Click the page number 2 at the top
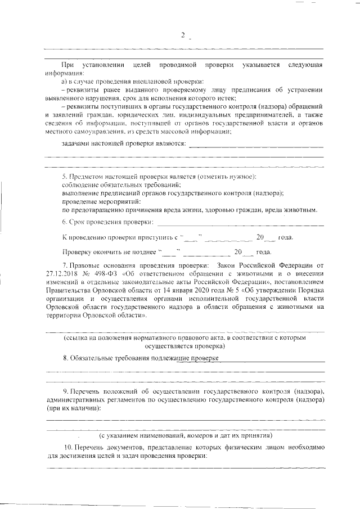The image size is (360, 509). click(x=183, y=35)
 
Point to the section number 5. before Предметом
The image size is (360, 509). click(x=65, y=177)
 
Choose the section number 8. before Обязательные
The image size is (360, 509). click(x=65, y=358)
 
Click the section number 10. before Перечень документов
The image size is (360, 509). click(x=66, y=447)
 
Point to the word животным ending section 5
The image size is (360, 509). click(x=302, y=210)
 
